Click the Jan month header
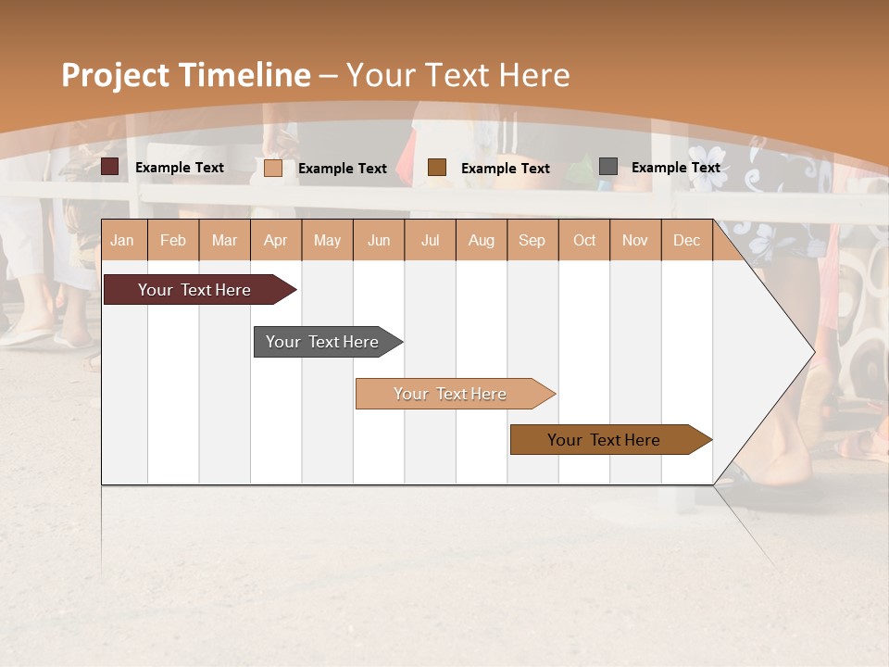pyautogui.click(x=123, y=240)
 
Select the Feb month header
pyautogui.click(x=173, y=240)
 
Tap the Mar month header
pyautogui.click(x=224, y=240)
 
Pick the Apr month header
pyautogui.click(x=276, y=240)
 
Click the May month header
pyautogui.click(x=327, y=240)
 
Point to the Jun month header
pyautogui.click(x=379, y=240)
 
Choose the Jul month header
pyautogui.click(x=430, y=240)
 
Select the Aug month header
pyautogui.click(x=482, y=240)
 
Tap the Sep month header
pyautogui.click(x=532, y=240)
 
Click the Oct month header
pyautogui.click(x=584, y=240)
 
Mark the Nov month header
pyautogui.click(x=635, y=240)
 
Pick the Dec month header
pyautogui.click(x=687, y=240)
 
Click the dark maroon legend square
pyautogui.click(x=110, y=167)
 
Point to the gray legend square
pyautogui.click(x=608, y=167)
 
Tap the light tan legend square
pyautogui.click(x=273, y=168)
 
